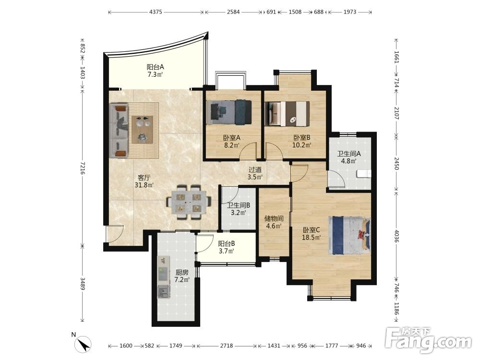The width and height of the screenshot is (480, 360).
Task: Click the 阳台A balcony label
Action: [x=156, y=67]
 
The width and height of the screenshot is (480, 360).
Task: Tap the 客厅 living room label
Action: [x=144, y=178]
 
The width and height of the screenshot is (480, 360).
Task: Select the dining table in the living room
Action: [x=189, y=202]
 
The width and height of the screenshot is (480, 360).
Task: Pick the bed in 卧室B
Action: [x=288, y=114]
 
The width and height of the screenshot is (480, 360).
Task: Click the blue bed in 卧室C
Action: [x=349, y=235]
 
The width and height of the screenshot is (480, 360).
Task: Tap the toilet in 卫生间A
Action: [x=364, y=174]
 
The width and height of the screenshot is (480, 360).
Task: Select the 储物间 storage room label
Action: [x=274, y=218]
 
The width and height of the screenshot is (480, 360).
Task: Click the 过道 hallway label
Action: [x=255, y=169]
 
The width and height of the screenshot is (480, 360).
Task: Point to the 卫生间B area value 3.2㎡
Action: [x=239, y=213]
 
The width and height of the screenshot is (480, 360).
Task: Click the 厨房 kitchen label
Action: [x=182, y=272]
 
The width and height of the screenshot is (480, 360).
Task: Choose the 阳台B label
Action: [x=227, y=244]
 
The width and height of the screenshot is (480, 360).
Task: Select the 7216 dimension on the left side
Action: [x=82, y=168]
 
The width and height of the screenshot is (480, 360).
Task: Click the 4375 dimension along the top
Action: [x=156, y=12]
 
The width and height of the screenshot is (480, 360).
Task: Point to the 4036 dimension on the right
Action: [x=396, y=236]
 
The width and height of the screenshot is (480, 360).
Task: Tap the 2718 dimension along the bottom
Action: [x=227, y=346]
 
